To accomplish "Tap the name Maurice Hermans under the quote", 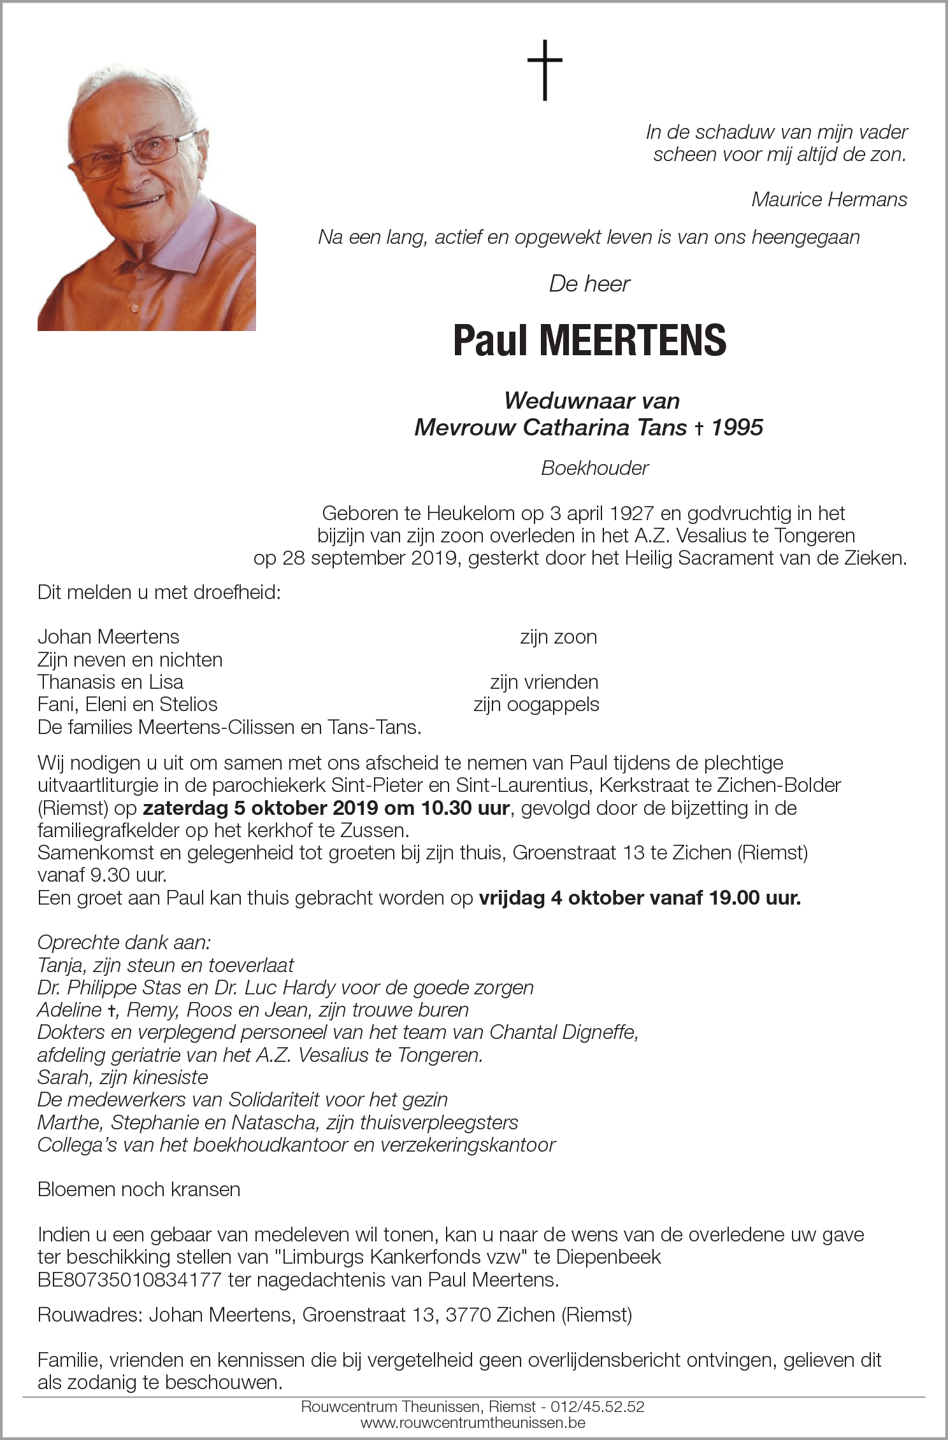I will pyautogui.click(x=829, y=200).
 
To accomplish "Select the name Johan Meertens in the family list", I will pyautogui.click(x=108, y=637).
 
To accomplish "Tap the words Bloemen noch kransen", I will pyautogui.click(x=138, y=1189).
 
